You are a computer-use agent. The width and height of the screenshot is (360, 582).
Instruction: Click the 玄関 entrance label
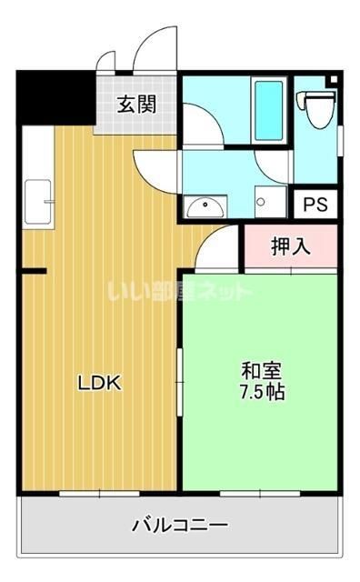tap(135, 103)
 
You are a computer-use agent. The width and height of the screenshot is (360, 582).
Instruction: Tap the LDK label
tap(98, 383)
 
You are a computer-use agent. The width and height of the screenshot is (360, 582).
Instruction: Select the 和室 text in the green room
tap(261, 372)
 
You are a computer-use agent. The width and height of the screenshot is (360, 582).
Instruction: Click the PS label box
tap(315, 204)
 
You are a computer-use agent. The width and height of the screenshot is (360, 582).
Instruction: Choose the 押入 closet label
tap(289, 246)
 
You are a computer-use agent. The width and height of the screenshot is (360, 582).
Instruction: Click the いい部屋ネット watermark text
tap(179, 293)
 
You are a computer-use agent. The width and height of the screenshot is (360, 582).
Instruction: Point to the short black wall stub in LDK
tap(34, 271)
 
